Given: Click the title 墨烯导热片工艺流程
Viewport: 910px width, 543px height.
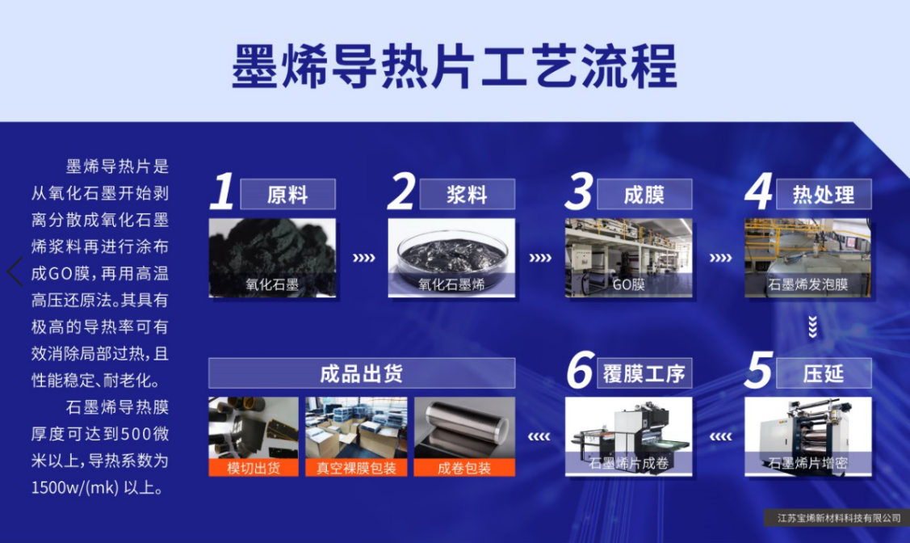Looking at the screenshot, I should click(x=454, y=66).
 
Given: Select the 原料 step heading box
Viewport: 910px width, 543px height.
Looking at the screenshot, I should click(x=288, y=195).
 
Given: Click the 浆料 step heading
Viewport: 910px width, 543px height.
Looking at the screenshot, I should click(x=467, y=195).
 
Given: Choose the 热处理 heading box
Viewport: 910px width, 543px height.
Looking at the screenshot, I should click(x=822, y=195).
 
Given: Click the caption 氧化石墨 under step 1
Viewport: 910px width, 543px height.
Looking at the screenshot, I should click(x=272, y=284).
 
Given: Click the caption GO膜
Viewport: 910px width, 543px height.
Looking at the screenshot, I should click(x=627, y=284).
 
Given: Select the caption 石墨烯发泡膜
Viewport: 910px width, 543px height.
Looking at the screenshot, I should click(x=807, y=284).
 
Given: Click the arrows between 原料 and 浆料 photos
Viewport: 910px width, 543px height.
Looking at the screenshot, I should click(x=364, y=259).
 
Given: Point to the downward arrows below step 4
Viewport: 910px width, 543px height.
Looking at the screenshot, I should click(x=812, y=326).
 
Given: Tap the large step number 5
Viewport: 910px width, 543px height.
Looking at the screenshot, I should click(x=758, y=371).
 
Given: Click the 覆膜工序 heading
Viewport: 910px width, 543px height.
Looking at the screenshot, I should click(x=644, y=373).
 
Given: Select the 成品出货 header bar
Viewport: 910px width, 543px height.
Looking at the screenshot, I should click(x=362, y=373).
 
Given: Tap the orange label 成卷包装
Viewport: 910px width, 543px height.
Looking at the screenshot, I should click(x=464, y=468).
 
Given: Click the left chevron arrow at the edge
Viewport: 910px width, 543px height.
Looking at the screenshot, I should click(x=15, y=271).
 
